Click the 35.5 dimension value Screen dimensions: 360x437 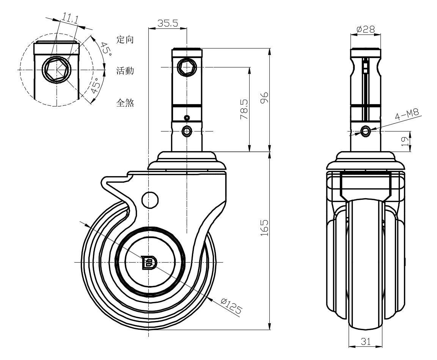click(x=168, y=23)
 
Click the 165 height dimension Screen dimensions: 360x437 click(x=265, y=227)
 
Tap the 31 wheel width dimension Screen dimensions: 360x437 click(x=366, y=341)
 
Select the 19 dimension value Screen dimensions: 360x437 click(x=405, y=141)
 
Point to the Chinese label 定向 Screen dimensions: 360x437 click(x=125, y=39)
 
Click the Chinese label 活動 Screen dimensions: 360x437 click(x=125, y=70)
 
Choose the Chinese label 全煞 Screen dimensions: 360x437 click(x=125, y=103)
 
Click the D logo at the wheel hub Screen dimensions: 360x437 click(x=149, y=263)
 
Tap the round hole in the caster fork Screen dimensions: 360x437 click(x=149, y=200)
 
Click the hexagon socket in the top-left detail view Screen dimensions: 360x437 click(x=57, y=70)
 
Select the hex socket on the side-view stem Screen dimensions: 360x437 click(x=187, y=68)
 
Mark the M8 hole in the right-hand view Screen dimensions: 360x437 click(x=366, y=131)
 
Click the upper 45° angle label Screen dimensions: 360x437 click(x=105, y=49)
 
